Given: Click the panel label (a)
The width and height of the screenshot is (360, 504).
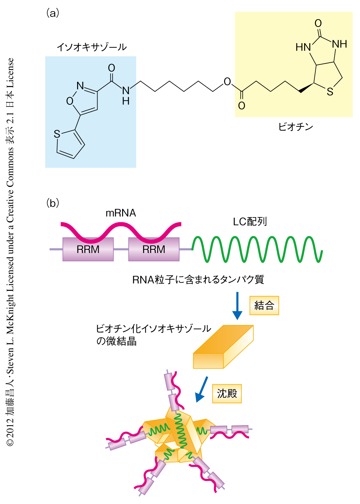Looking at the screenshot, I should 52,13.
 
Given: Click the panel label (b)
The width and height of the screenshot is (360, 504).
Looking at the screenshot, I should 52,203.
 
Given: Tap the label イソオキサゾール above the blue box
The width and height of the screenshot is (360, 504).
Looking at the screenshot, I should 92,47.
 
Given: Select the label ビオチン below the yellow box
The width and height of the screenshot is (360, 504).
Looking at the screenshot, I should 295,127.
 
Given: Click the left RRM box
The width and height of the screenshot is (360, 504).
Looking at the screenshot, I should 88,249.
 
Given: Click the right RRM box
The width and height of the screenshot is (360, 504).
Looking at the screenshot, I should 154,249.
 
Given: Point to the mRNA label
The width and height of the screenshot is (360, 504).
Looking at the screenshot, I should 121,213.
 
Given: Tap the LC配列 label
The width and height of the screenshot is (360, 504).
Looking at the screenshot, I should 250,222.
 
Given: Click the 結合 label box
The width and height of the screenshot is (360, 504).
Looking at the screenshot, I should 264,306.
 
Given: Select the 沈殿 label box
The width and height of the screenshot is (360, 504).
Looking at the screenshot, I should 227,393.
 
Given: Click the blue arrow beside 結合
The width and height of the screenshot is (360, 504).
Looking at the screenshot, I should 237,306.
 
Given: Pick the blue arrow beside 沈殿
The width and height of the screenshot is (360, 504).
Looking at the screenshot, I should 201,389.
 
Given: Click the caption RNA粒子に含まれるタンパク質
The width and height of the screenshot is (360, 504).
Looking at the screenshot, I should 198,280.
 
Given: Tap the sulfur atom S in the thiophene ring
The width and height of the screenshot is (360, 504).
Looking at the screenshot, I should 57,134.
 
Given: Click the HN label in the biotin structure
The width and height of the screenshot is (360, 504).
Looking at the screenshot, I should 303,47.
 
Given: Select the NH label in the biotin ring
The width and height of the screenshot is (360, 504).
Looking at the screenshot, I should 340,44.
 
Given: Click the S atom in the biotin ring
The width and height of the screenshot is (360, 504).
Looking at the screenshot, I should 330,92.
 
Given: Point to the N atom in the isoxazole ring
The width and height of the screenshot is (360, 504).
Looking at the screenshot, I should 80,86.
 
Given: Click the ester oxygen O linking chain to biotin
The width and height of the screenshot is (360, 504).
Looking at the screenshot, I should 227,82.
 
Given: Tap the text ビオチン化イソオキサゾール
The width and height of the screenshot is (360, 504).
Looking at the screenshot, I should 153,329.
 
